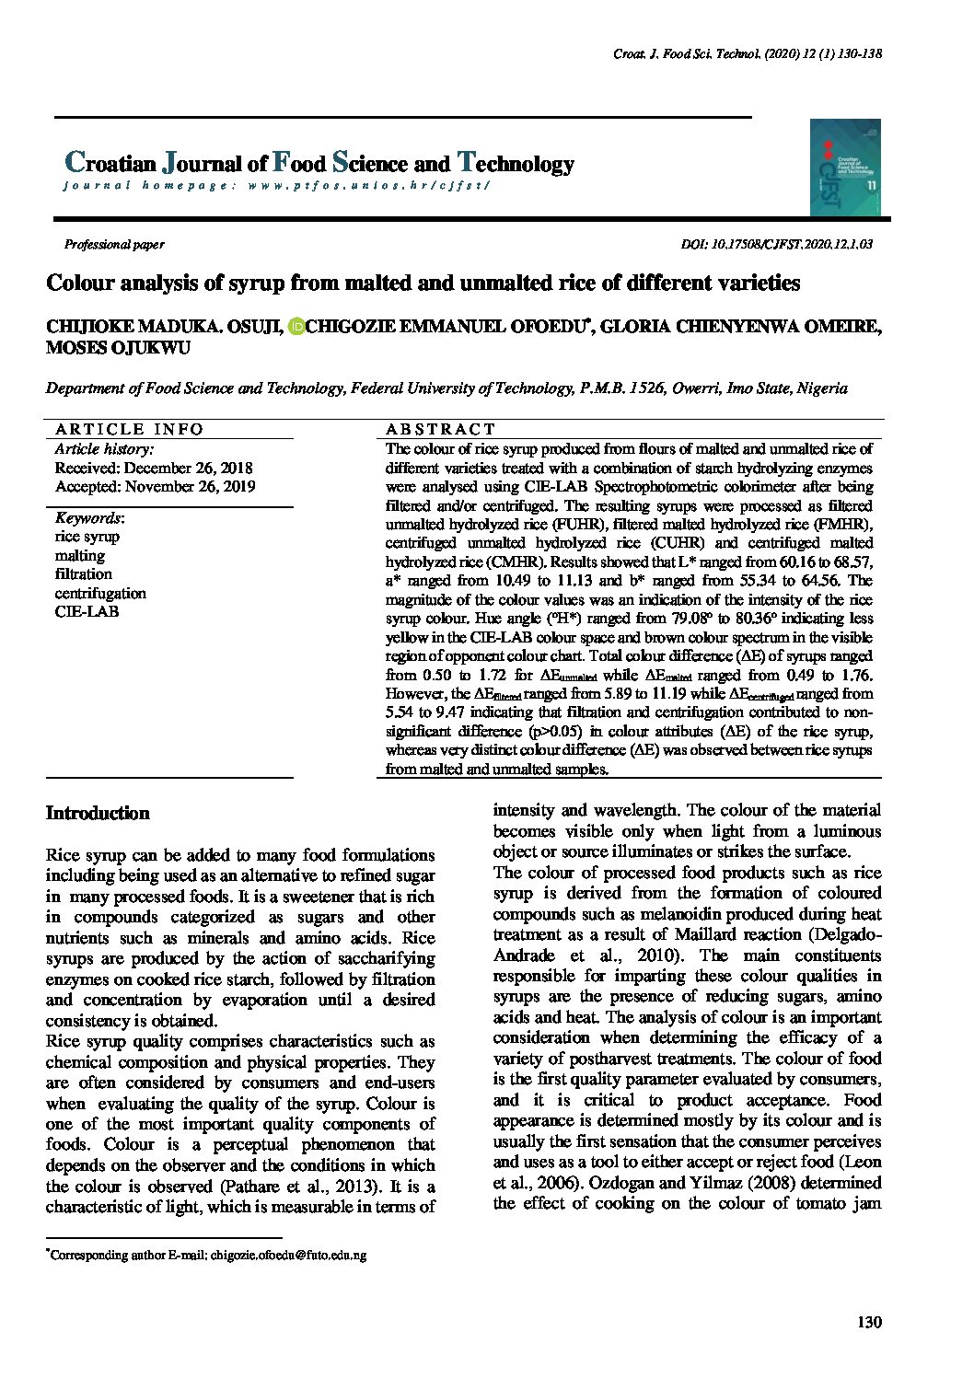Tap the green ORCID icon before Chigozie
point(296,328)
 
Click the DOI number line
point(776,245)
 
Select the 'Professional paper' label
point(114,245)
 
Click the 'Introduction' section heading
point(98,814)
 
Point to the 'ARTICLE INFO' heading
point(130,429)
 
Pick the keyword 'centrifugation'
point(100,593)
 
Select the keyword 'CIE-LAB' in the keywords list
point(87,611)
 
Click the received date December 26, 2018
point(154,468)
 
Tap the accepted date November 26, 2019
point(155,486)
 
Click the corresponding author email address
point(288,1255)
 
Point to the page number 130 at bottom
point(868,1323)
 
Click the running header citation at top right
point(748,54)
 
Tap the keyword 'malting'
point(80,555)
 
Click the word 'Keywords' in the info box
point(88,518)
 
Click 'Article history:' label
point(104,449)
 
